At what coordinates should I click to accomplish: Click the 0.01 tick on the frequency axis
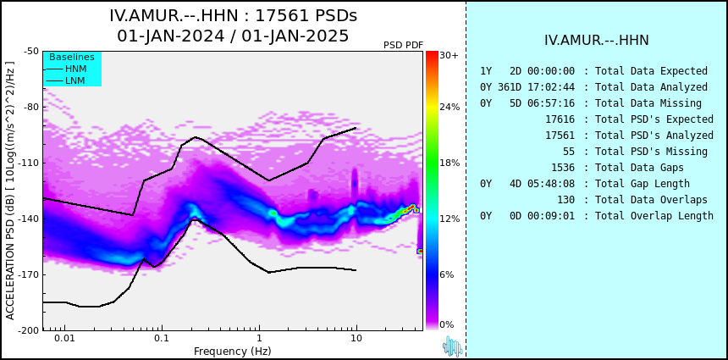65,338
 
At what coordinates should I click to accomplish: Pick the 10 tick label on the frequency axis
356,338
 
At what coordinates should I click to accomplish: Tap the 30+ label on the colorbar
449,55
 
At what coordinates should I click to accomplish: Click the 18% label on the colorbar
449,163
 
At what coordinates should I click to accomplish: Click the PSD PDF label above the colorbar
403,45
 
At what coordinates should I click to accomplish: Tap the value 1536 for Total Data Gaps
563,168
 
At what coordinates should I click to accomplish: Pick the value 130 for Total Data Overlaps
566,200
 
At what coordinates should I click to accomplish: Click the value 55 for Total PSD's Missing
569,152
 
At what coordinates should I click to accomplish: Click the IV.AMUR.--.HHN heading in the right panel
597,41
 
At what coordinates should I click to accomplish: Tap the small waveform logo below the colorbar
453,346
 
